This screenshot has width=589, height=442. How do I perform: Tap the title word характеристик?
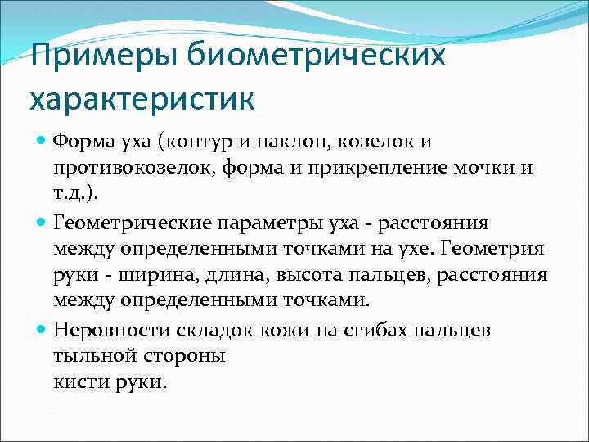pos(142,101)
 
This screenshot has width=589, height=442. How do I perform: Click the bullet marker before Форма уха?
pos(43,142)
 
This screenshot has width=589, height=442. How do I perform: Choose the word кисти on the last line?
pos(78,382)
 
